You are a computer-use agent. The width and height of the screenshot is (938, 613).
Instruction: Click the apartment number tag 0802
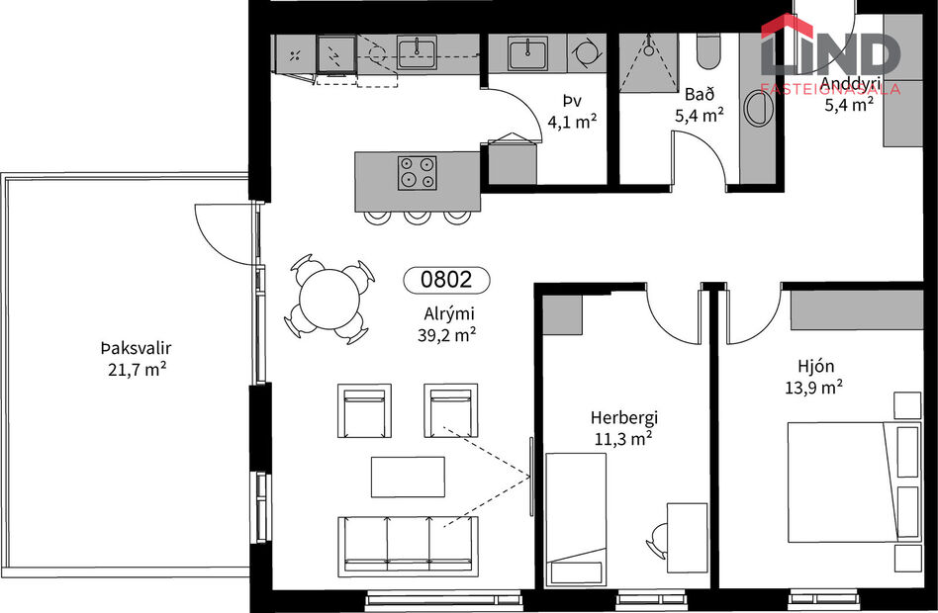(446, 280)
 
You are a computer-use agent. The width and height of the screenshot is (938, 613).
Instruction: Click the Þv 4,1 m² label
(571, 112)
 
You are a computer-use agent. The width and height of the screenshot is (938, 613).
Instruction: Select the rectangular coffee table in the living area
(408, 477)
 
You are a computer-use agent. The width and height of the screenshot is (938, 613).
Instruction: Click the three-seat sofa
(409, 546)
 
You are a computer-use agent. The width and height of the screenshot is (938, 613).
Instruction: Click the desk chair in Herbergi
(659, 541)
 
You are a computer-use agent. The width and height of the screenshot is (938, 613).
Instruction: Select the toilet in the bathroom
(708, 49)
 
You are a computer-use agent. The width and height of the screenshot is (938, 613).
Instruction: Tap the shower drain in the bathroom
(647, 45)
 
